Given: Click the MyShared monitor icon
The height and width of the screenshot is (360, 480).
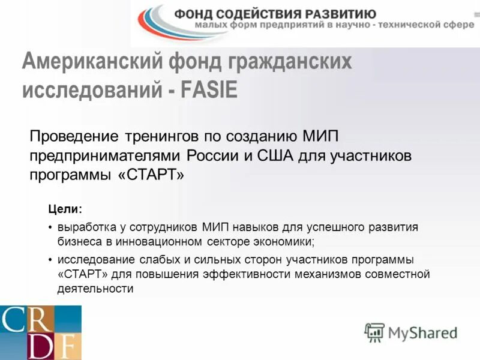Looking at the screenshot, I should point(374,331).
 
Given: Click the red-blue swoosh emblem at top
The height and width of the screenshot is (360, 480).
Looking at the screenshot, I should point(155,22).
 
